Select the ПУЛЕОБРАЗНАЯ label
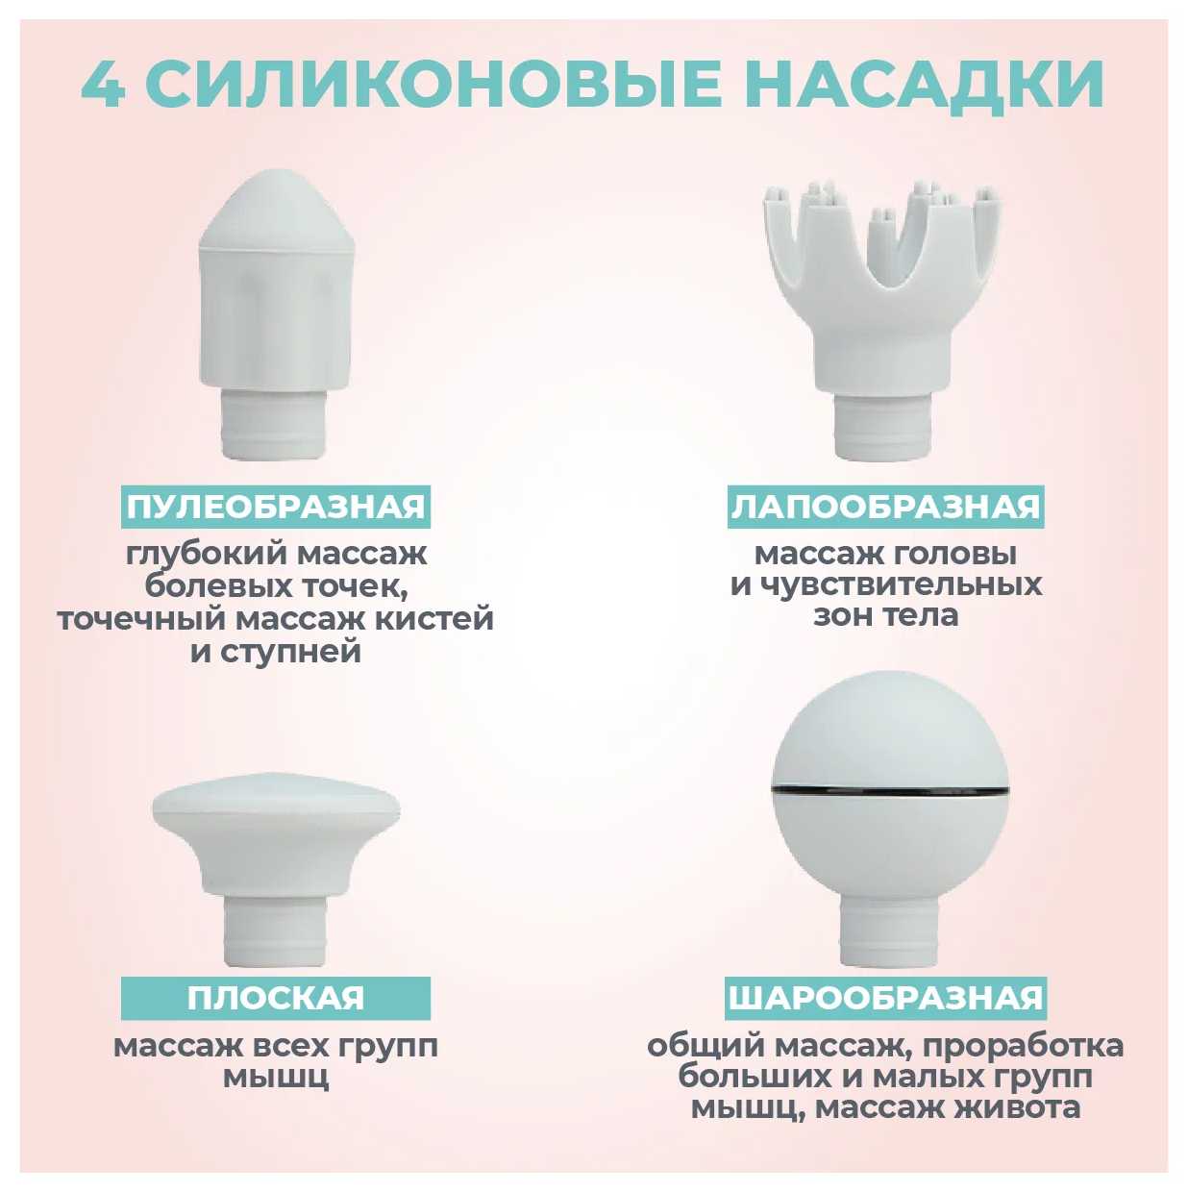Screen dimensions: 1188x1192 pyautogui.click(x=276, y=507)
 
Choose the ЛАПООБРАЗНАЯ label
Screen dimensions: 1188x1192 pyautogui.click(x=886, y=507)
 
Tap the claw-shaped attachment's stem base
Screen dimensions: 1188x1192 pyautogui.click(x=885, y=428)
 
